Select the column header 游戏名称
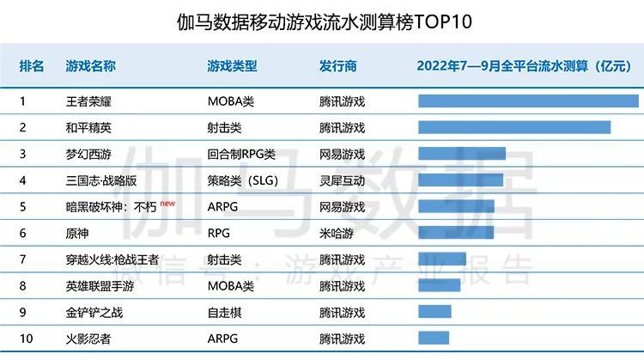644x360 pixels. pyautogui.click(x=91, y=66)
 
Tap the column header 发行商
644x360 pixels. pyautogui.click(x=337, y=66)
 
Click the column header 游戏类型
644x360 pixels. pyautogui.click(x=232, y=66)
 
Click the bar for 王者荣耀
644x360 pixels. pyautogui.click(x=528, y=101)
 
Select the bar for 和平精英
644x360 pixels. pyautogui.click(x=514, y=128)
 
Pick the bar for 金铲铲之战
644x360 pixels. pyautogui.click(x=435, y=312)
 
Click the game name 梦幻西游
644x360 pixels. pyautogui.click(x=89, y=155)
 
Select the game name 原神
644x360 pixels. pyautogui.click(x=77, y=233)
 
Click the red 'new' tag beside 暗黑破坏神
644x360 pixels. pyautogui.click(x=167, y=204)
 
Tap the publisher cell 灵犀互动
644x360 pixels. pyautogui.click(x=342, y=180)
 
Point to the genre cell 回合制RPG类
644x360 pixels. pyautogui.click(x=241, y=155)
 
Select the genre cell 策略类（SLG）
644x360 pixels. pyautogui.click(x=244, y=180)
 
